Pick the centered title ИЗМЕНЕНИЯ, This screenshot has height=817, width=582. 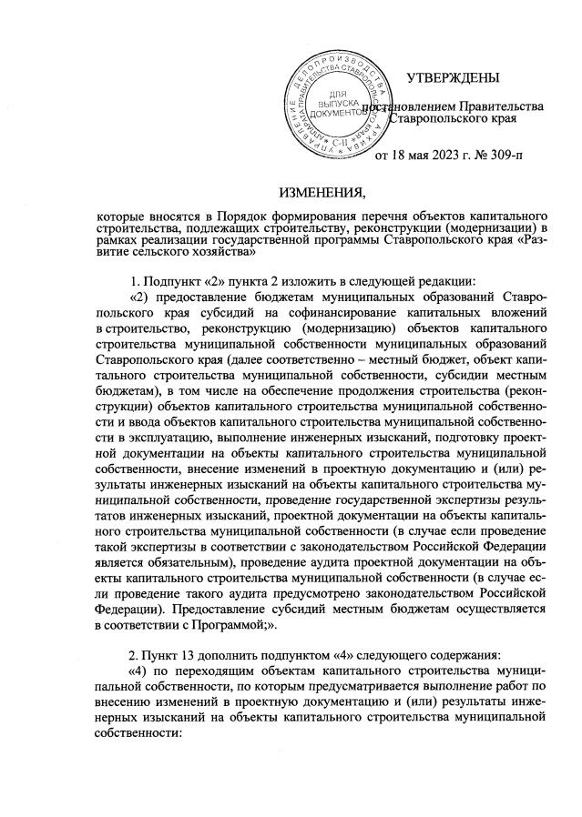[322, 192]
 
